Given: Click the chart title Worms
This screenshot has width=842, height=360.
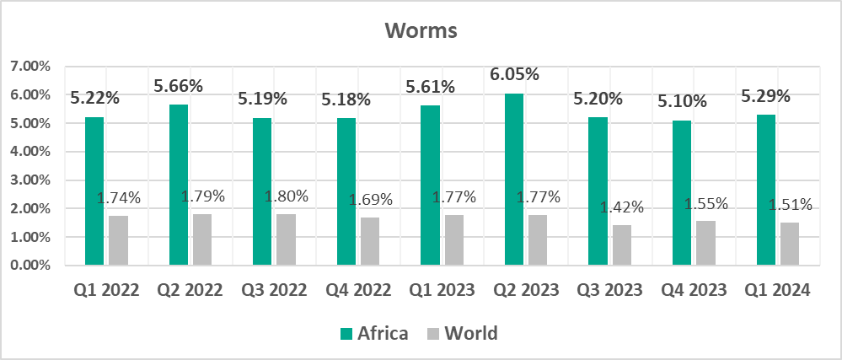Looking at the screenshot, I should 421,30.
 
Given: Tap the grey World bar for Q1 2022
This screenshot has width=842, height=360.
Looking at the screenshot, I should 118,240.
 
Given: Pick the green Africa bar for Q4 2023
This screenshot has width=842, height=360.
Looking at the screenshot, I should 681,193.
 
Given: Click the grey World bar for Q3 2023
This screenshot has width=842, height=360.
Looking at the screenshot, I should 621,244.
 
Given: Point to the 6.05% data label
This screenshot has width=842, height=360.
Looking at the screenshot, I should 514,75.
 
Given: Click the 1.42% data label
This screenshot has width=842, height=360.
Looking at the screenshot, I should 621,207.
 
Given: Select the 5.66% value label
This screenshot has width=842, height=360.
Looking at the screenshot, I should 179,86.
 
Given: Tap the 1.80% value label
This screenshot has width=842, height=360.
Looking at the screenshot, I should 286,196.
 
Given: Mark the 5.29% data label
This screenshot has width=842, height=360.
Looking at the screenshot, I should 765,96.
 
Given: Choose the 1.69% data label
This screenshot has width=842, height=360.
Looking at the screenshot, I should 370,200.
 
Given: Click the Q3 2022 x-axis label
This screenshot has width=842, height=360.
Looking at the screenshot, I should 274,290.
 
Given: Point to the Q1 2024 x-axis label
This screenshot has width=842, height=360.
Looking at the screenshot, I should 777,290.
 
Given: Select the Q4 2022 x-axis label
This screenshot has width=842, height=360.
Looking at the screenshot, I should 358,290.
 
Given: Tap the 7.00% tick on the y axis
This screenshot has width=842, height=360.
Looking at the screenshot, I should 29,67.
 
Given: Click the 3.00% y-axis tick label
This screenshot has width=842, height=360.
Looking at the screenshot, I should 29,180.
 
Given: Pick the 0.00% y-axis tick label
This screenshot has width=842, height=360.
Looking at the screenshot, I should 29,266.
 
